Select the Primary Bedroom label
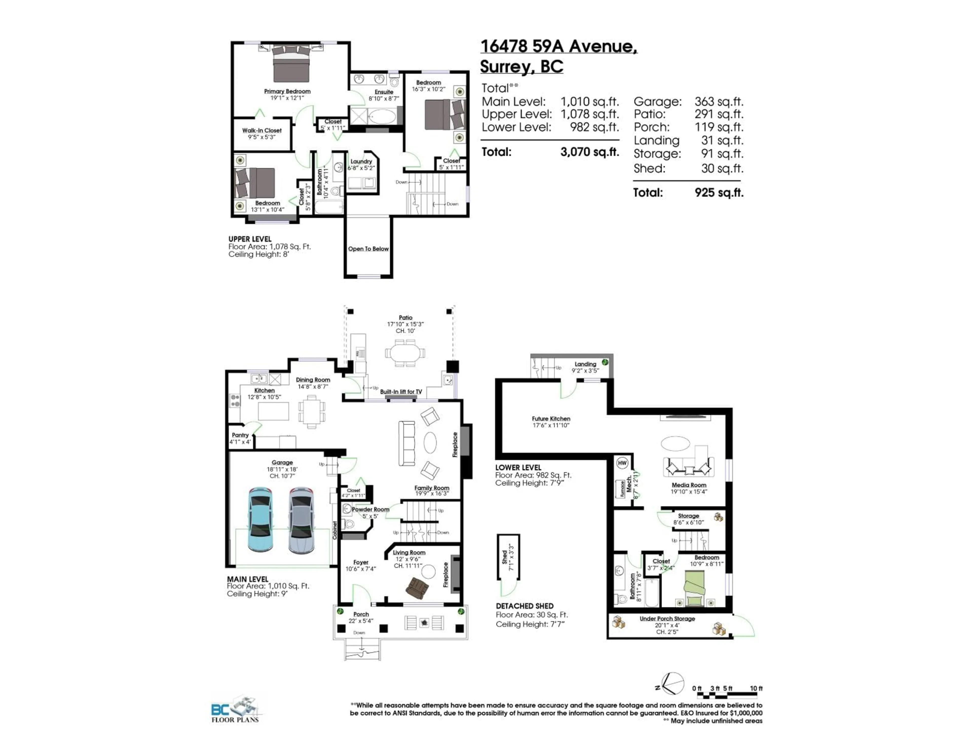[287, 91]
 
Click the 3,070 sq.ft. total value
[589, 152]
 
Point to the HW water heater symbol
[622, 463]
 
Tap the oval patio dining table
[405, 353]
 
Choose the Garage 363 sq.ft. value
[719, 102]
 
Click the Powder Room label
[370, 509]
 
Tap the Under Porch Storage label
[667, 618]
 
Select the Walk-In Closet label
[262, 130]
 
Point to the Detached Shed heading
[524, 606]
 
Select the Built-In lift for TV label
[401, 392]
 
